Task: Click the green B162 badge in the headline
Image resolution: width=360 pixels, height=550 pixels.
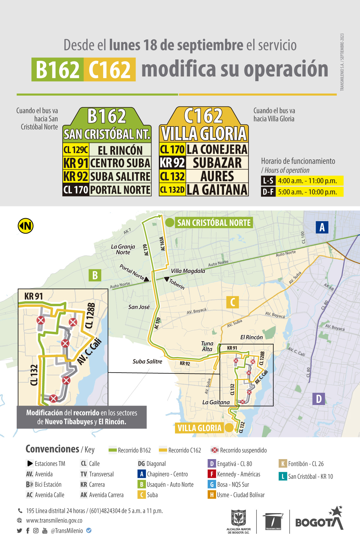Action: (58, 70)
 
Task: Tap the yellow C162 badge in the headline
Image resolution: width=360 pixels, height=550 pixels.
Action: (109, 70)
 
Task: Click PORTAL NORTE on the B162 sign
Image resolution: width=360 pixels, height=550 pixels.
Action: (120, 190)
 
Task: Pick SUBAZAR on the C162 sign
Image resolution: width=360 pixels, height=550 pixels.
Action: (217, 163)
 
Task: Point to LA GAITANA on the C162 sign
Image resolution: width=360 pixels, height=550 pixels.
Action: (217, 190)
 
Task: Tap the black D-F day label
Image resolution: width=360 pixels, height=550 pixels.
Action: (268, 192)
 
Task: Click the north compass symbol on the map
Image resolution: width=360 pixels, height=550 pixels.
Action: (26, 226)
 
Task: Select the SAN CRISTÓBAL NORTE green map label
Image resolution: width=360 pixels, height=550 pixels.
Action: (214, 223)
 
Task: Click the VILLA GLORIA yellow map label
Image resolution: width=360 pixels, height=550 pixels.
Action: (199, 428)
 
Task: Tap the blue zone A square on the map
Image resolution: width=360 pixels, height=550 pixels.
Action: (322, 227)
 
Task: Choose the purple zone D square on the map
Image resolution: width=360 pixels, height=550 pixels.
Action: (319, 399)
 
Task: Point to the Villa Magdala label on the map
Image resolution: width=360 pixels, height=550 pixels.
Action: (188, 271)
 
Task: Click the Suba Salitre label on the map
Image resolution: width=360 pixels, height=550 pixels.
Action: (147, 361)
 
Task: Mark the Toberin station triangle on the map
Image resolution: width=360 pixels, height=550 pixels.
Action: (167, 279)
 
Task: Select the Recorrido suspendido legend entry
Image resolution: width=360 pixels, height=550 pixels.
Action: (239, 450)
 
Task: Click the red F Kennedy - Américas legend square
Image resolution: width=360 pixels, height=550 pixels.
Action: (212, 474)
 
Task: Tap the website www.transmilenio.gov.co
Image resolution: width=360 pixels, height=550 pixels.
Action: (54, 520)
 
